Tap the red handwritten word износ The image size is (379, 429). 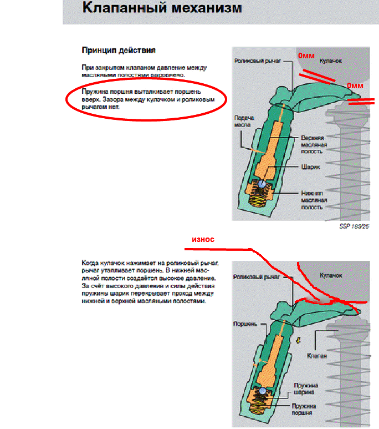[x=202, y=239]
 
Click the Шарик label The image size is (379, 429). [x=309, y=165]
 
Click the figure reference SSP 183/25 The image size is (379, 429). [x=355, y=226]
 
